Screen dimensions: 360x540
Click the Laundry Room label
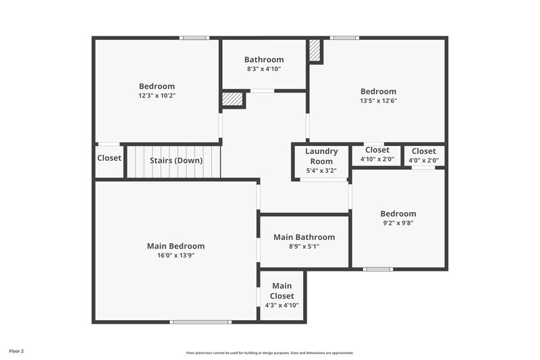(321, 156)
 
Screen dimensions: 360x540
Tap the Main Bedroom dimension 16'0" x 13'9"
(175, 255)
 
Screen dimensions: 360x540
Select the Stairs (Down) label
(175, 161)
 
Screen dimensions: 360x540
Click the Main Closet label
(282, 290)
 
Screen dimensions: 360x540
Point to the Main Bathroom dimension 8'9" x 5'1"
(304, 247)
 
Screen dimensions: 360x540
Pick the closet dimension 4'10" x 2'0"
(377, 160)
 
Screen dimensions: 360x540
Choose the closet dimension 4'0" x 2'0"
(423, 160)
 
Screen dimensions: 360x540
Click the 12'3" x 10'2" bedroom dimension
(157, 95)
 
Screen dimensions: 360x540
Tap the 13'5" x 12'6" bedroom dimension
(378, 101)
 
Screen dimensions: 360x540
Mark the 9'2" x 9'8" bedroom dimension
(398, 223)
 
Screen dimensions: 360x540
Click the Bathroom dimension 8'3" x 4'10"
(264, 69)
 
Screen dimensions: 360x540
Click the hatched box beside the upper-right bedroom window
(315, 51)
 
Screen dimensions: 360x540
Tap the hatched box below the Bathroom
(232, 99)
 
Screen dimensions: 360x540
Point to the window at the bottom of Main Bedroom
(196, 322)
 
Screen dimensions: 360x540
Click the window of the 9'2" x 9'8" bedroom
(378, 269)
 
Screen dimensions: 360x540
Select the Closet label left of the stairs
(109, 158)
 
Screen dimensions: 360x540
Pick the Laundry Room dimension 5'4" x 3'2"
(321, 171)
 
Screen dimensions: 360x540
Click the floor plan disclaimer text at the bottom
(269, 353)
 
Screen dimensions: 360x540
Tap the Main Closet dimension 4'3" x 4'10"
(282, 305)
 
